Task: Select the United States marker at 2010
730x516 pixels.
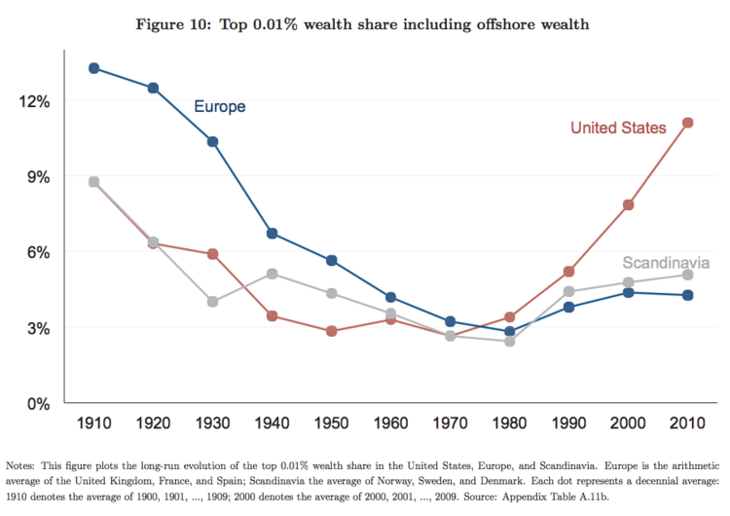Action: [687, 123]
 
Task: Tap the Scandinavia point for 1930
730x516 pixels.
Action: [212, 302]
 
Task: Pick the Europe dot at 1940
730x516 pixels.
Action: [273, 234]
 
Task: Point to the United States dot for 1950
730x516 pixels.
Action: [332, 331]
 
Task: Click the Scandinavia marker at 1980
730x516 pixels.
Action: [509, 341]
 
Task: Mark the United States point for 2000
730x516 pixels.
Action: [628, 204]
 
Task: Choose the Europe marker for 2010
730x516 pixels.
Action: [687, 295]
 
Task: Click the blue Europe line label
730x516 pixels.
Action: [220, 107]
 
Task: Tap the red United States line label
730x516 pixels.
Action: [618, 128]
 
